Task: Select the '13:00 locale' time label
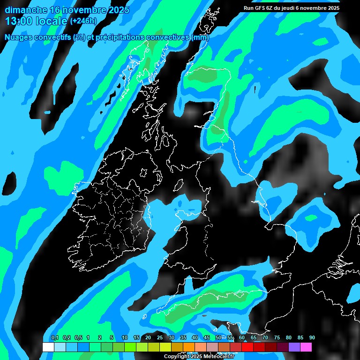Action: (x=37, y=21)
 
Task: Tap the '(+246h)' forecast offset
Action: (x=83, y=21)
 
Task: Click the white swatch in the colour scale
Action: (x=48, y=347)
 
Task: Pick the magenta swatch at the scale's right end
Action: (x=306, y=347)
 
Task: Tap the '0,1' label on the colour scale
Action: (x=54, y=338)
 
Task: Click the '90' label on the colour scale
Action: (x=312, y=338)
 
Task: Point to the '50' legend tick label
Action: (x=218, y=338)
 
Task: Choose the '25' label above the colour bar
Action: (x=159, y=338)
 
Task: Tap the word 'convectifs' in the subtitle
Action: (x=50, y=37)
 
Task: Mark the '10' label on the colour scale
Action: (x=124, y=338)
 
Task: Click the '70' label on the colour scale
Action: (x=265, y=338)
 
